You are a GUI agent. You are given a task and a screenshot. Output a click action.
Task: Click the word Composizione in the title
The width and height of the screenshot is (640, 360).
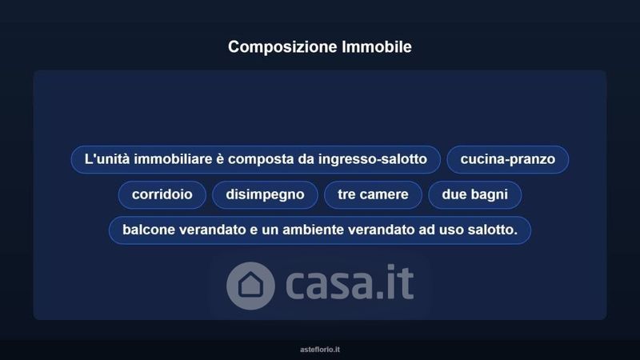[282, 47]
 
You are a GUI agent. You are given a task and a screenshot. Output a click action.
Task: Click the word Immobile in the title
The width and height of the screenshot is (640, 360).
[377, 46]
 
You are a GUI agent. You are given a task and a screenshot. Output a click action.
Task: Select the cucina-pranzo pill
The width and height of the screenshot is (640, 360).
[508, 159]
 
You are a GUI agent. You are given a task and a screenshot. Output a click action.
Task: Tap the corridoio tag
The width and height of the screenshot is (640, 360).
[162, 194]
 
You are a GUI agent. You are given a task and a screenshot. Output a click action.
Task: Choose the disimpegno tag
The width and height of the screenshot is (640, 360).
[265, 194]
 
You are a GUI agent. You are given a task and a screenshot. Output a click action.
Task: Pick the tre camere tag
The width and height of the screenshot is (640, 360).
[373, 194]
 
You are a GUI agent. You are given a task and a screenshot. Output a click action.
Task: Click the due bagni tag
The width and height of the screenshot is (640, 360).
[474, 194]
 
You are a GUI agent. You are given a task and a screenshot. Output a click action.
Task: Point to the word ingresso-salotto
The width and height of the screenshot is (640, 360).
[373, 159]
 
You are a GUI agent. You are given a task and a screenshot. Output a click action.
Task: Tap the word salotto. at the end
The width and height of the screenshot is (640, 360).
[493, 230]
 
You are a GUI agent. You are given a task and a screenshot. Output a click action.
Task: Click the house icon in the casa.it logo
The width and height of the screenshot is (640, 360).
[250, 286]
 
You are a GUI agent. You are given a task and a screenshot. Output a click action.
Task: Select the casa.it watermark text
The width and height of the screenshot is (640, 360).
[350, 283]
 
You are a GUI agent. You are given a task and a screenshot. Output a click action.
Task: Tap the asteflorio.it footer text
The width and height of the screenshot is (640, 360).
[320, 350]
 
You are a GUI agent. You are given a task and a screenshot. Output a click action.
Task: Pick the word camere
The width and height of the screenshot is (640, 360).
[386, 195]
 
